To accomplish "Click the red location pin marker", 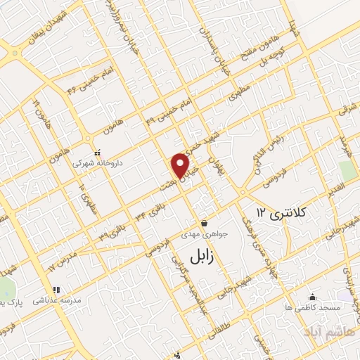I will [x=180, y=165].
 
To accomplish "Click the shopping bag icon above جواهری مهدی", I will [x=203, y=222].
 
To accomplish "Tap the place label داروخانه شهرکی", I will [x=98, y=162].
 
